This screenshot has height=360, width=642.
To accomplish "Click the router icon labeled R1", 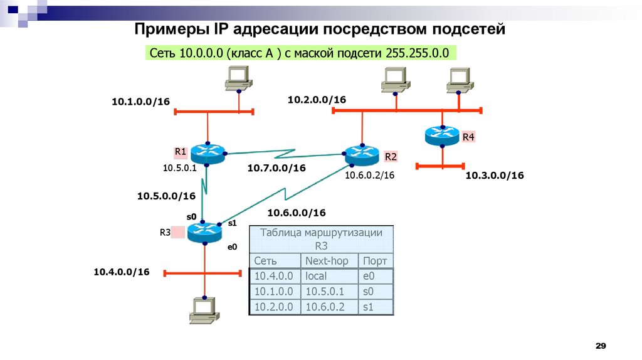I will tap(207, 153).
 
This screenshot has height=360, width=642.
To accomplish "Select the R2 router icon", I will tap(362, 154).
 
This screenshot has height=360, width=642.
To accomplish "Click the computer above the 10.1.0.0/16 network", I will tap(238, 77).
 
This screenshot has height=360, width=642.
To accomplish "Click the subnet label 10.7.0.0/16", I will tap(276, 168).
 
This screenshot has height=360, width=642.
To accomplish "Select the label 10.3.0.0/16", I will tap(494, 176).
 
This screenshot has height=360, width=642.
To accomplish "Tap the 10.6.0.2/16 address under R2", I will tap(369, 176).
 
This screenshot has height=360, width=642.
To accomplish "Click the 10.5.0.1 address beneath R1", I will tap(180, 168).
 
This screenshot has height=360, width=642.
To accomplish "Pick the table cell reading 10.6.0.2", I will tap(325, 307).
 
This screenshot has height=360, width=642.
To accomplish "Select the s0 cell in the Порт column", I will tap(368, 292).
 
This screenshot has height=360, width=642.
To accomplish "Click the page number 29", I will tap(601, 347).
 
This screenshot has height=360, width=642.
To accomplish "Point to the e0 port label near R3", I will tap(232, 247).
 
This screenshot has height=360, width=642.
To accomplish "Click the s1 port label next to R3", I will tap(232, 223).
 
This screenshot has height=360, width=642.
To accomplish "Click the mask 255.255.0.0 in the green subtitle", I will tap(414, 53).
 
